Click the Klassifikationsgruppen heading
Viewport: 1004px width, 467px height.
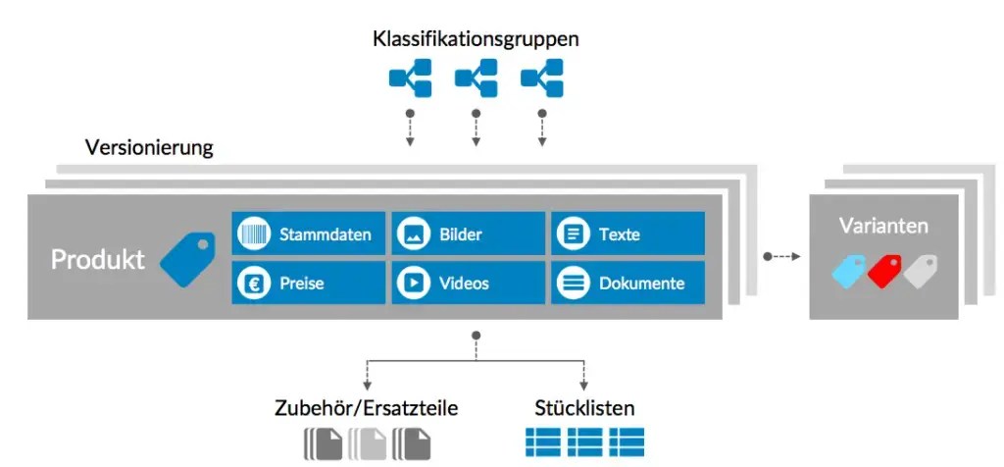476,39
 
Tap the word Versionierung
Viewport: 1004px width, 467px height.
149,149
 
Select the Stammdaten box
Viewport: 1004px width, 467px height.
308,234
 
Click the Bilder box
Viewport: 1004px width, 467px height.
468,234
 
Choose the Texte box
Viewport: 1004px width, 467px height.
627,234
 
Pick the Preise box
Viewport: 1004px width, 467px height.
308,284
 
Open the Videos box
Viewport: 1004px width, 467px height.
468,284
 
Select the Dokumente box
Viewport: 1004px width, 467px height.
627,284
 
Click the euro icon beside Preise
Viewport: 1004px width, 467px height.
253,284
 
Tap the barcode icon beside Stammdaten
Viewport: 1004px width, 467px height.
253,234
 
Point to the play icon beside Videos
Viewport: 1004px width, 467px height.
413,284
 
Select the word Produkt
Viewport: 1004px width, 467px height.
98,259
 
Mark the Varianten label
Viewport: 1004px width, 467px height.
883,226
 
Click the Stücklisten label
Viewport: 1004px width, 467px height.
584,407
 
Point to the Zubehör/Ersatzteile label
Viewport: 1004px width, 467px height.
366,407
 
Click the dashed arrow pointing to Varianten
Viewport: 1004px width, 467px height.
782,257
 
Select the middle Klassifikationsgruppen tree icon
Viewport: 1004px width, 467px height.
476,78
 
